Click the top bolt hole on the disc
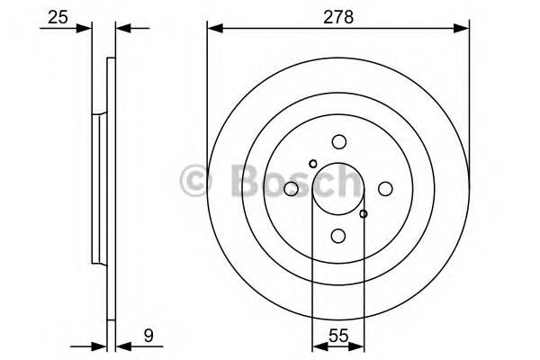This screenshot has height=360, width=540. [x=338, y=141]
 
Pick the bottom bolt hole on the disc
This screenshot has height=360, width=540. [x=338, y=235]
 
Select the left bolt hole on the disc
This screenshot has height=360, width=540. [x=292, y=189]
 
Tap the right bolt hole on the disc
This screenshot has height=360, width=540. [x=385, y=188]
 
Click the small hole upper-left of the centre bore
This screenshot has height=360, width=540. [x=312, y=164]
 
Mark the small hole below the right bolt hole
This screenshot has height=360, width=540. [x=364, y=214]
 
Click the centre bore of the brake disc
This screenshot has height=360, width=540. [x=338, y=189]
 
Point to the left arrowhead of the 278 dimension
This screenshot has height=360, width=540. [x=214, y=28]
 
